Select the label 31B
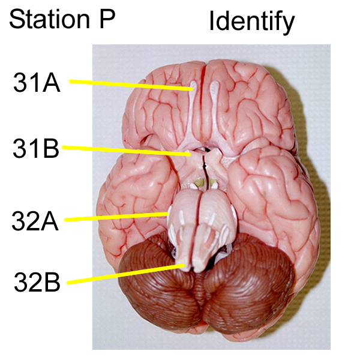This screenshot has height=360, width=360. tap(36, 148)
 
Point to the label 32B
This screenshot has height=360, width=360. tap(37, 281)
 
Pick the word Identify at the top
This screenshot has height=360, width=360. tap(252, 22)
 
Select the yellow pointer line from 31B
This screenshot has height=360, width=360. tap(126, 150)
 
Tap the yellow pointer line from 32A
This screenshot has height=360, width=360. tap(114, 217)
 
